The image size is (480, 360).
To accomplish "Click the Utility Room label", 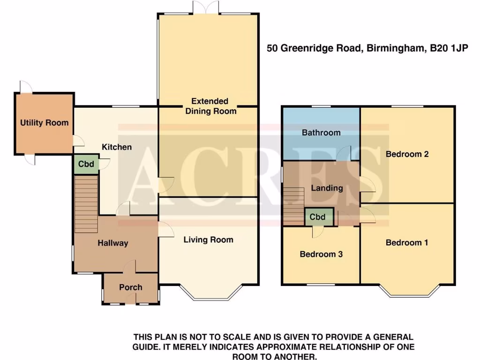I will coord(44,123).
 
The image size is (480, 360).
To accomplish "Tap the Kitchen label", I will coord(117,147).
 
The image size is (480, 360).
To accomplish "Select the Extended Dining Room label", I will coord(210,106).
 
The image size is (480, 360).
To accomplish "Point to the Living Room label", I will coord(208,240).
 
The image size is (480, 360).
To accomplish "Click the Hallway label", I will coord(112,243).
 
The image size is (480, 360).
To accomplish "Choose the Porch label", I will coord(130,287).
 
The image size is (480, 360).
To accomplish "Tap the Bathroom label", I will coord(321,133).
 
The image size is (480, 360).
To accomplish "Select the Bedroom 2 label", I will coord(407,154).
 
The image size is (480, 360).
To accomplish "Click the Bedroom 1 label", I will coord(407,243).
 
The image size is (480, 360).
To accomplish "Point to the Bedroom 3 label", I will coord(321,255).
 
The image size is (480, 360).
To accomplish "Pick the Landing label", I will coord(327,188).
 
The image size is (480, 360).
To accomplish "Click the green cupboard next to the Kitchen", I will coord(86,165).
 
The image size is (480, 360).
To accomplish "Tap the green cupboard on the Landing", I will coord(318,217).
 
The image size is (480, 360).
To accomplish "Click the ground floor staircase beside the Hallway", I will coord(86,203).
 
